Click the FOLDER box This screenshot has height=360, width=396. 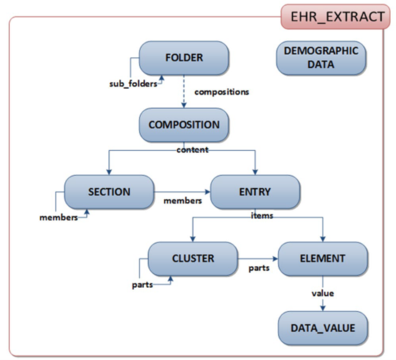click(x=184, y=58)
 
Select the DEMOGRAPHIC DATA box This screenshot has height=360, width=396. click(x=321, y=58)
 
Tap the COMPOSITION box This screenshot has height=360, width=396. click(x=184, y=125)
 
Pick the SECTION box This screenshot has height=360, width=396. click(x=108, y=192)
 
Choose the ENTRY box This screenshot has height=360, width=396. click(x=254, y=192)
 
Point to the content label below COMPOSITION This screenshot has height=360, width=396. click(x=192, y=150)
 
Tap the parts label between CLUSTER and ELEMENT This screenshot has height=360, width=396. click(x=257, y=269)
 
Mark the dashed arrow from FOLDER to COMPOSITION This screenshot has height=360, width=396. click(x=183, y=92)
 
